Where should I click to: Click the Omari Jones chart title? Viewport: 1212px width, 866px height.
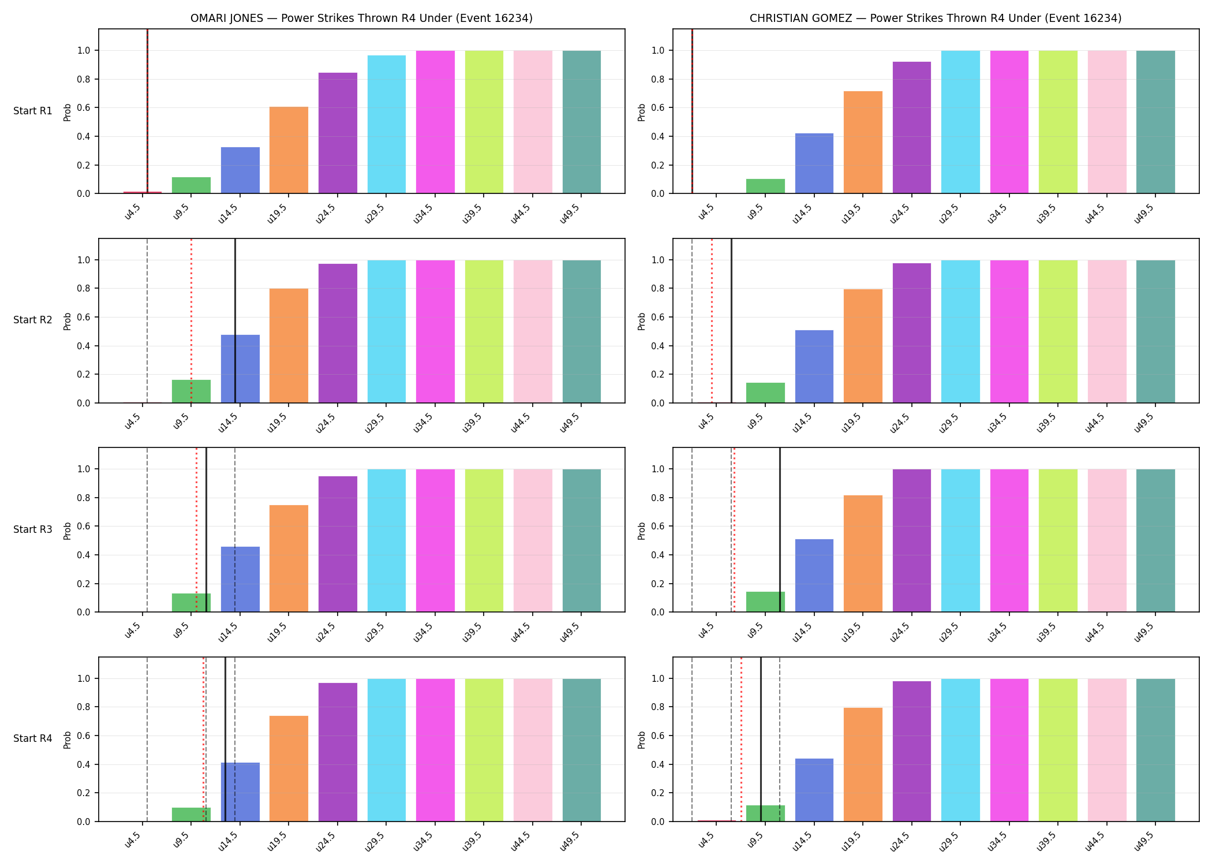point(361,18)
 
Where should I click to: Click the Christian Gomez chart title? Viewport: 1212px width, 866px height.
point(936,18)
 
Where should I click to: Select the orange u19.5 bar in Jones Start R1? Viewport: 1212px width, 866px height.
point(289,150)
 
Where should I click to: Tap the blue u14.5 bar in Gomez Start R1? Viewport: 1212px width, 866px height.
point(814,163)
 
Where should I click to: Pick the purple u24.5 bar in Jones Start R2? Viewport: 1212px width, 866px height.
point(338,333)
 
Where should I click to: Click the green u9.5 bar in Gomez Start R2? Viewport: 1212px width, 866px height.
point(765,393)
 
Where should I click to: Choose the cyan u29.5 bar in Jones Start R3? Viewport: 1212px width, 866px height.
point(387,540)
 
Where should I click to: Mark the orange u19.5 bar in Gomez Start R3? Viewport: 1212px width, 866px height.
point(863,554)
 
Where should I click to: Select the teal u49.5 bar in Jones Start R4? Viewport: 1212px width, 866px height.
point(582,750)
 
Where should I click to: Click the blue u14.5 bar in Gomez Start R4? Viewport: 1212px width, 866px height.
point(814,790)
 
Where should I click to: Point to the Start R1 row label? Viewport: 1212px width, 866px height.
point(33,111)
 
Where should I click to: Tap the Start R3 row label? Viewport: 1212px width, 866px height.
point(33,529)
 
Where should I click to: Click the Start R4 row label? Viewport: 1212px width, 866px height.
point(33,738)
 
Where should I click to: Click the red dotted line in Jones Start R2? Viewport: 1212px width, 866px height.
point(191,320)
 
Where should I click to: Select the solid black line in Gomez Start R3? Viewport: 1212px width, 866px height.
point(780,530)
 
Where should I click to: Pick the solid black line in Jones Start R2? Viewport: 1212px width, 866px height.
point(235,320)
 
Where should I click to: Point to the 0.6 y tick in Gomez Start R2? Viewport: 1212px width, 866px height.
point(659,317)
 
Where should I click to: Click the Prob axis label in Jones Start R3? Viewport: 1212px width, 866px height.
point(68,531)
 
